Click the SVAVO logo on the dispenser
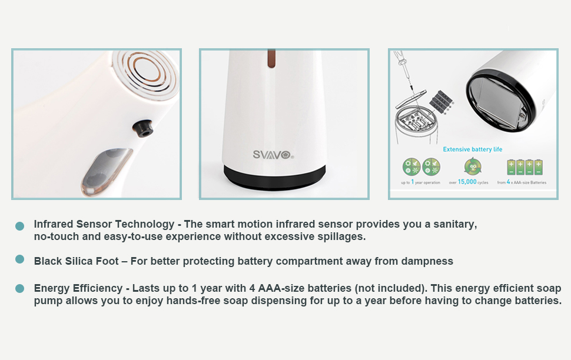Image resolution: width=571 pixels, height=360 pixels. click(273, 155)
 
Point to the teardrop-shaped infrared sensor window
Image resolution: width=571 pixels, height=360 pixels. click(107, 171)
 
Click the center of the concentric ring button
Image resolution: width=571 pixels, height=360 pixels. click(145, 70)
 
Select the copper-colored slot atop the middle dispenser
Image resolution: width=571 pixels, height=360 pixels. click(271, 59)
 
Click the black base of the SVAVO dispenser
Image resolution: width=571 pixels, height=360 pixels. click(274, 177)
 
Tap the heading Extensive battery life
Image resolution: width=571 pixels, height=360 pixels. click(472, 149)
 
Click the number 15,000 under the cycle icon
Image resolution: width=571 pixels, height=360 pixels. click(467, 182)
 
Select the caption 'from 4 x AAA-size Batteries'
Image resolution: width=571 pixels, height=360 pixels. click(522, 182)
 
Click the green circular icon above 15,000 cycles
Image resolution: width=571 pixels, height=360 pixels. click(473, 166)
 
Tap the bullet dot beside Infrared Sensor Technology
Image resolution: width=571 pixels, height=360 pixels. click(19, 226)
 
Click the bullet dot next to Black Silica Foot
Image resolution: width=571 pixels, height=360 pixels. click(19, 259)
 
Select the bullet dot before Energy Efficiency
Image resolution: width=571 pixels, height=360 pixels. click(19, 289)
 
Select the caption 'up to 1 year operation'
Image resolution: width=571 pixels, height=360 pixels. click(421, 182)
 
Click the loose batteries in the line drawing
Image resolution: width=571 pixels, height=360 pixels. click(441, 101)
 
